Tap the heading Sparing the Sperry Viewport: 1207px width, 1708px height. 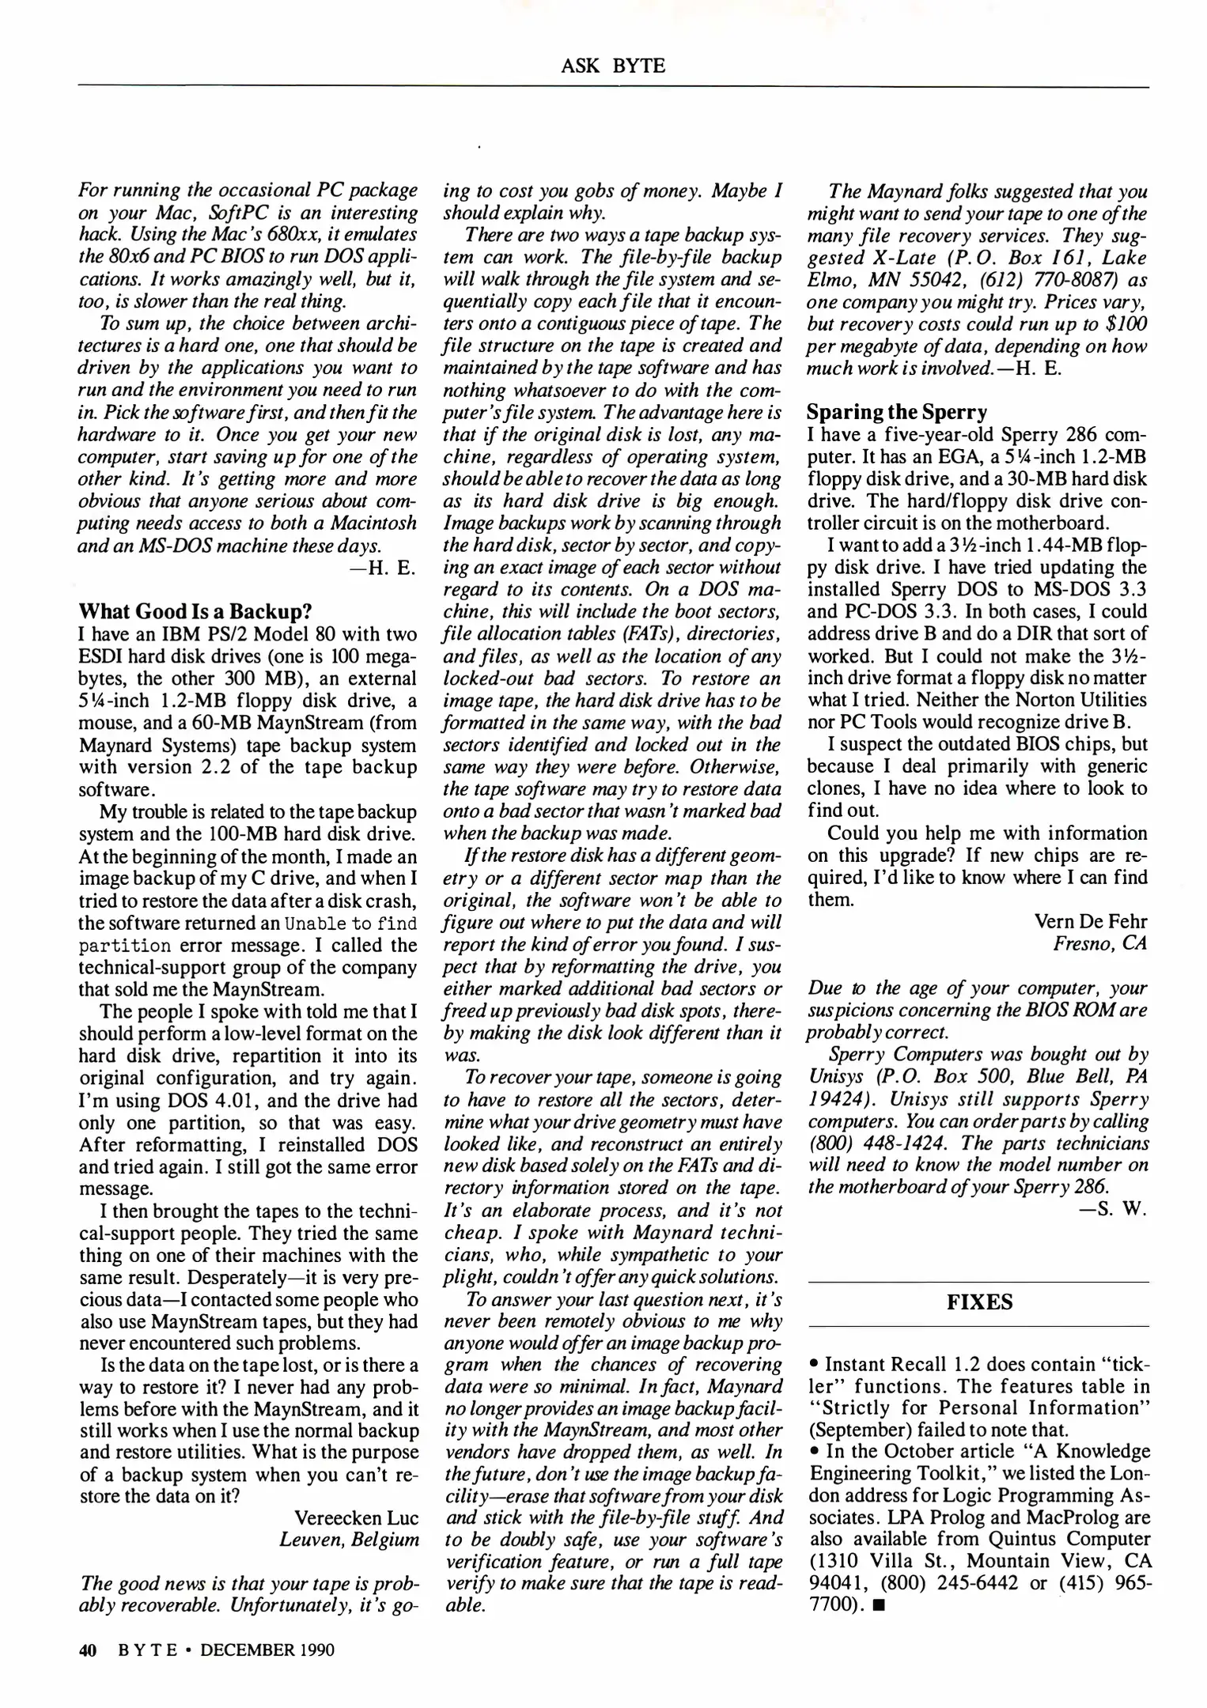897,412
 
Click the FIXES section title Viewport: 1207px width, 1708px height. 979,1302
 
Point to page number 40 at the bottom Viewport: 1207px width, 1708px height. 87,1649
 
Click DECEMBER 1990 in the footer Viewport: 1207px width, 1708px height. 267,1649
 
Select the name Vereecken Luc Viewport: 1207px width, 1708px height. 356,1517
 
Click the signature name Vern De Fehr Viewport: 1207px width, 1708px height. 1090,921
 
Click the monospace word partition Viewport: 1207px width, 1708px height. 124,945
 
